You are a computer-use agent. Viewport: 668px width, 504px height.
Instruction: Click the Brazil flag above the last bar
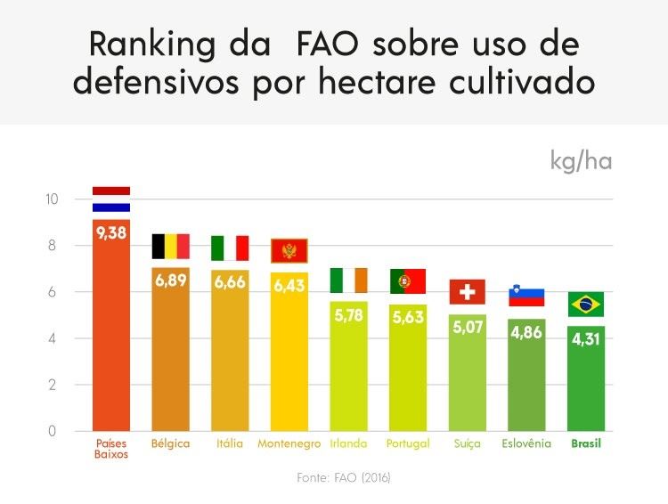click(586, 304)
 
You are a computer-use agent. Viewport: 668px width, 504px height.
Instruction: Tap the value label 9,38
click(111, 233)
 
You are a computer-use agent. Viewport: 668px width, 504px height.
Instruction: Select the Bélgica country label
click(170, 443)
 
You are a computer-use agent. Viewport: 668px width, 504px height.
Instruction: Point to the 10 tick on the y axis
click(52, 199)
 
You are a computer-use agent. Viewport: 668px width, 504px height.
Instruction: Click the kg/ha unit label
click(581, 162)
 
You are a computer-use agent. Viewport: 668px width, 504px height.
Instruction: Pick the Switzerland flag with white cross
click(467, 292)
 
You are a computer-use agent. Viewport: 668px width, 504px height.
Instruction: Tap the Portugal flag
click(408, 281)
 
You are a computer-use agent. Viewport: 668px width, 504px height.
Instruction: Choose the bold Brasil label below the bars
click(586, 443)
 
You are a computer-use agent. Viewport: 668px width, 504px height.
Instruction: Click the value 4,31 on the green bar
click(586, 339)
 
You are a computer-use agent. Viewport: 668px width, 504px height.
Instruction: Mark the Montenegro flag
click(289, 251)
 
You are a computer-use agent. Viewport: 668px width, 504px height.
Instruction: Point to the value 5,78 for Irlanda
click(348, 315)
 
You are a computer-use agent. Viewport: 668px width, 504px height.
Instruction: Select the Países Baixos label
click(111, 448)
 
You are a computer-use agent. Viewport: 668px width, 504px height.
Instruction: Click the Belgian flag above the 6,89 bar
click(170, 247)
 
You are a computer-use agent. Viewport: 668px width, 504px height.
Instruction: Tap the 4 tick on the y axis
click(52, 338)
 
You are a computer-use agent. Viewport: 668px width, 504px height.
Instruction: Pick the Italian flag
click(230, 248)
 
